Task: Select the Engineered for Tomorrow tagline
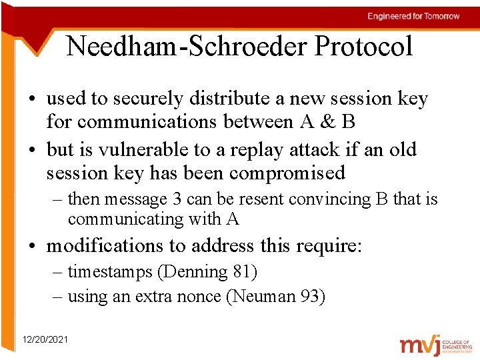[x=413, y=16]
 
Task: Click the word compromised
[x=287, y=173]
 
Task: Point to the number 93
[x=309, y=297]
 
